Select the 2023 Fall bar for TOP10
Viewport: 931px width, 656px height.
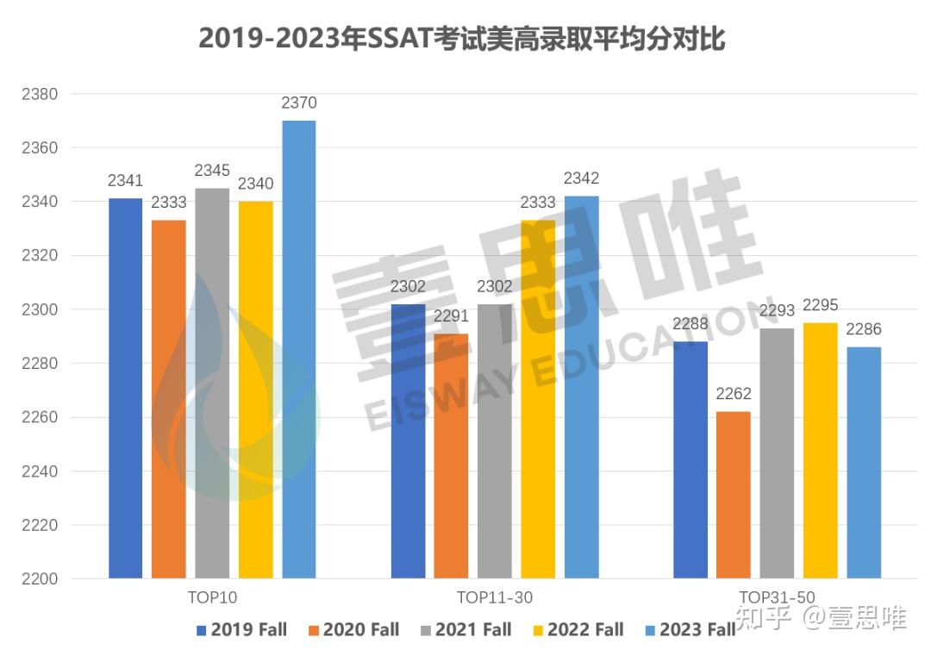299,349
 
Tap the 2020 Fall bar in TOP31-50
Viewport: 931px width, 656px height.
734,495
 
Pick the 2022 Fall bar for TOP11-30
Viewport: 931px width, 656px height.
538,399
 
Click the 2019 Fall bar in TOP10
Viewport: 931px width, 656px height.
126,388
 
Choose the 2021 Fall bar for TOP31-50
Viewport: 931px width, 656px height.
777,453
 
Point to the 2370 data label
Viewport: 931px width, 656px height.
299,103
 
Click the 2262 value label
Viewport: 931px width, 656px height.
734,395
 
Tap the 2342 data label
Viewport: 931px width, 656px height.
581,179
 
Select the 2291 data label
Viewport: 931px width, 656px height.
452,317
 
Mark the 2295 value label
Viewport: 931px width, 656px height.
820,306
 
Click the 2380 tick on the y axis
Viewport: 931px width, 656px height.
40,94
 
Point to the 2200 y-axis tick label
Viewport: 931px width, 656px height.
40,579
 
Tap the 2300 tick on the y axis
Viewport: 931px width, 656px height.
40,309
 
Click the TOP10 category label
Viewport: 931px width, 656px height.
212,597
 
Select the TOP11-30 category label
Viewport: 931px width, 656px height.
494,597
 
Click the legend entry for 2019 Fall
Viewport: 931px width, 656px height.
241,630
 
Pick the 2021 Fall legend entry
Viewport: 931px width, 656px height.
465,630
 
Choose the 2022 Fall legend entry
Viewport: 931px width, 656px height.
577,630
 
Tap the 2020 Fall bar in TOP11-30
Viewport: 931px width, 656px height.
452,456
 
